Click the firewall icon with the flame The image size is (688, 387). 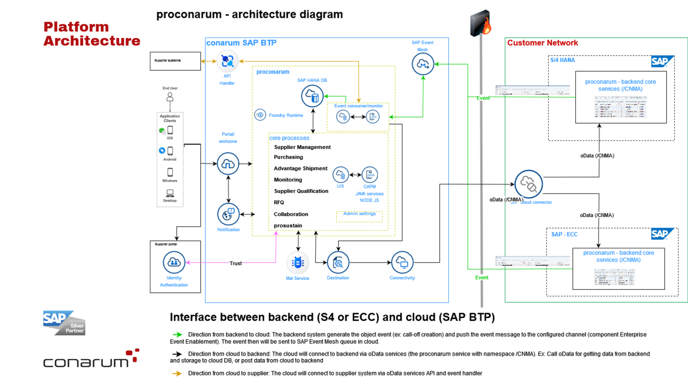point(480,23)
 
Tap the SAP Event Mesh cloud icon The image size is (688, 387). point(423,64)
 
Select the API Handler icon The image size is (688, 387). point(227,61)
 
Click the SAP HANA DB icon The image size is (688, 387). point(312,96)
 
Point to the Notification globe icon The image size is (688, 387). point(228,214)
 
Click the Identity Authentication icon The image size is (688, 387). point(174,262)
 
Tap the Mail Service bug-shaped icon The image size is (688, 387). point(298,263)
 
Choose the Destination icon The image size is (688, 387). point(338,262)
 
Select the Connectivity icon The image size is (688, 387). point(402,262)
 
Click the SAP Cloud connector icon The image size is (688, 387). point(528,184)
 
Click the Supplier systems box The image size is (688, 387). point(175,61)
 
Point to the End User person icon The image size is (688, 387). point(170,97)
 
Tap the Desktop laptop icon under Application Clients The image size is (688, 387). point(170,193)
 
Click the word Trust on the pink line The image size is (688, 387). point(236,263)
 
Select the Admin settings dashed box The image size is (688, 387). point(359,216)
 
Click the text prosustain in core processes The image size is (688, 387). point(288,226)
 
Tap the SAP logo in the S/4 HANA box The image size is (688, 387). point(662,61)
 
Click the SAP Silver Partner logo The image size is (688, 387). point(64,323)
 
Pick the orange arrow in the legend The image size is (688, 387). point(177,373)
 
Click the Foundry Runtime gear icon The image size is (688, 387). point(260,115)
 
